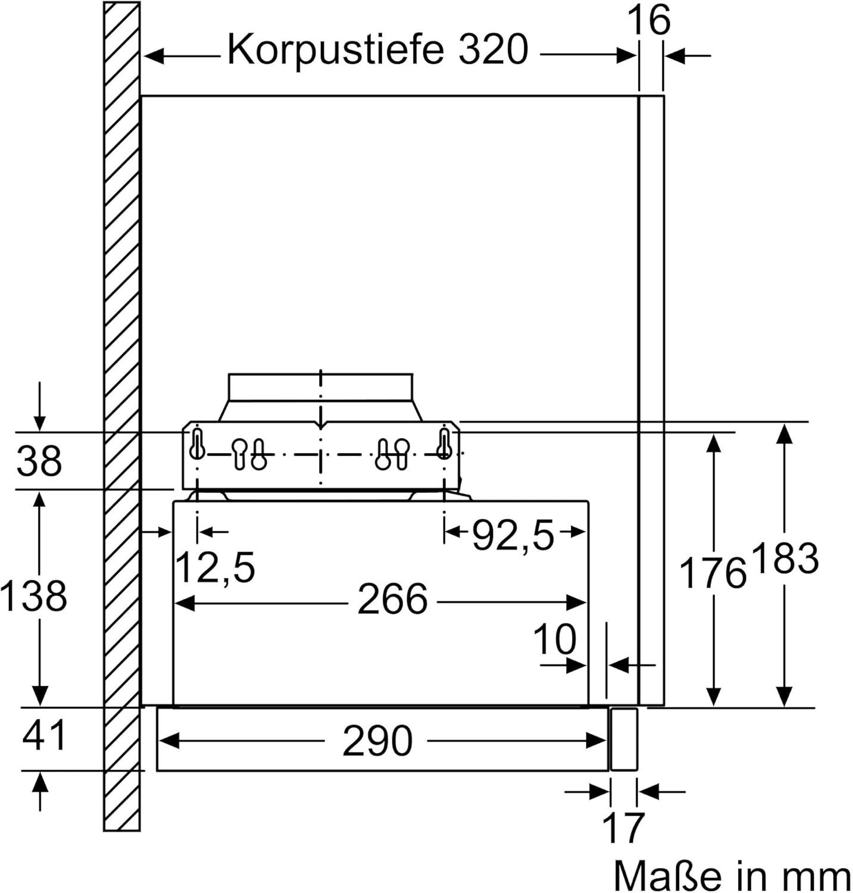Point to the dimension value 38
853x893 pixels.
point(39,460)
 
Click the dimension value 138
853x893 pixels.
point(33,595)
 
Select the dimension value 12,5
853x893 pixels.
point(216,567)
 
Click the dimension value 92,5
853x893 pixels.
point(513,535)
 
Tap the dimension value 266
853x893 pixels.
point(392,599)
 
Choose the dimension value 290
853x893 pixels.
point(377,741)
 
